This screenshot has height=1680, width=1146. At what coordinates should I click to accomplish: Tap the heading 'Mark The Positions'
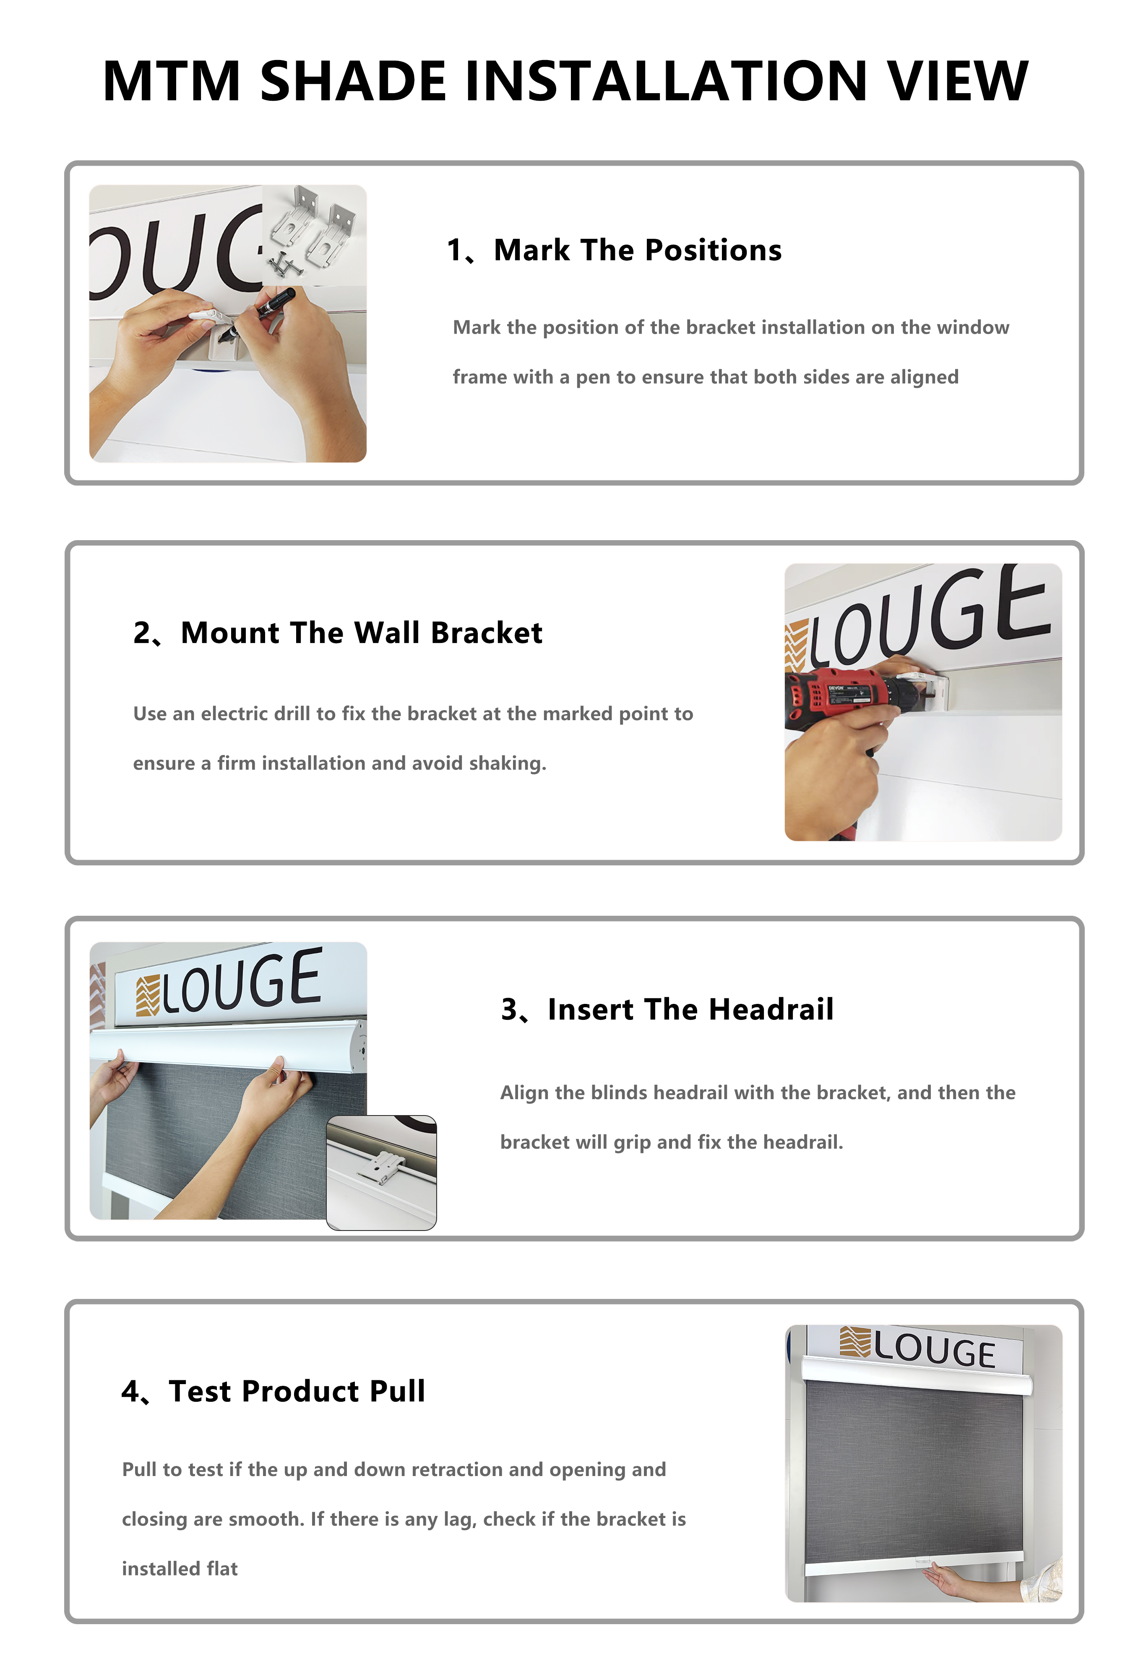[x=637, y=250]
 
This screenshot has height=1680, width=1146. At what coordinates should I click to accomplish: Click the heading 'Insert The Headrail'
[x=691, y=1009]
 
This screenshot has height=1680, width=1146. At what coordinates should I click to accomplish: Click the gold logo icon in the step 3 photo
[x=147, y=995]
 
